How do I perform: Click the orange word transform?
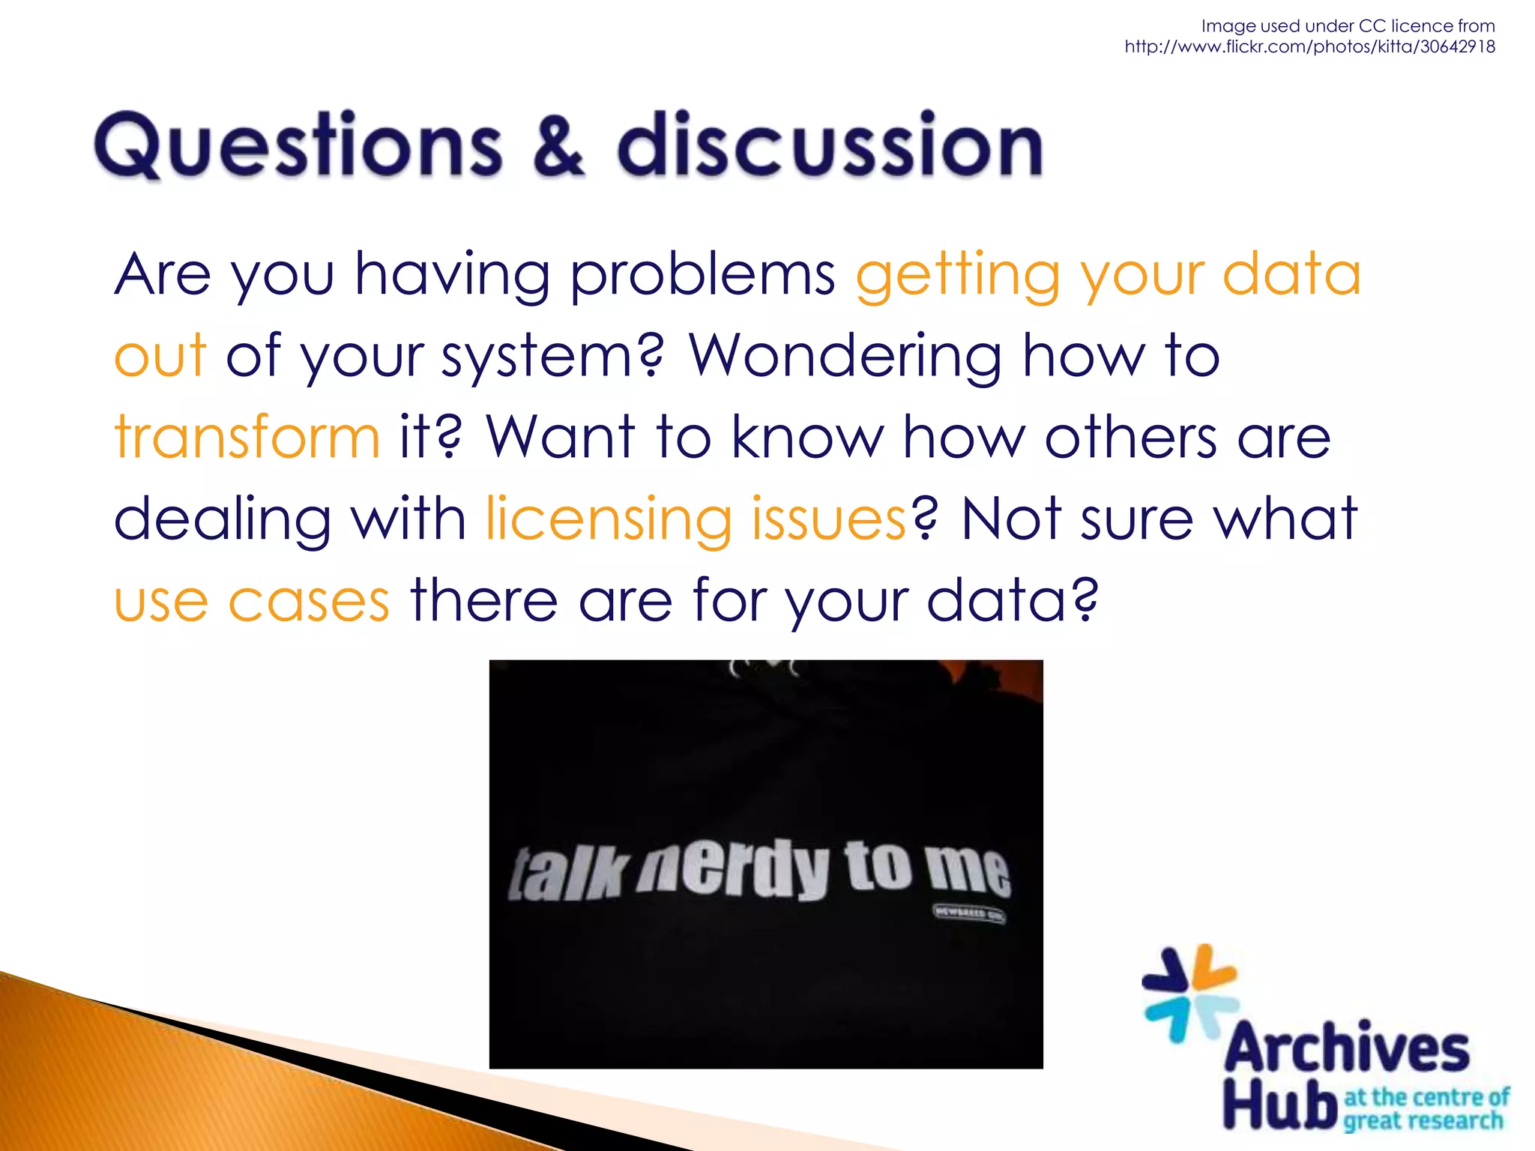[247, 437]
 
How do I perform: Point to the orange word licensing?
[608, 519]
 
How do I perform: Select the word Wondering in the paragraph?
[845, 357]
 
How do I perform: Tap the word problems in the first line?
[702, 274]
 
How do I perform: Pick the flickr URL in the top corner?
[1309, 46]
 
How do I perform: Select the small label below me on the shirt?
[968, 913]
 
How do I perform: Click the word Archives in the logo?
[1347, 1048]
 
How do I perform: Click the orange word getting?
[958, 274]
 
